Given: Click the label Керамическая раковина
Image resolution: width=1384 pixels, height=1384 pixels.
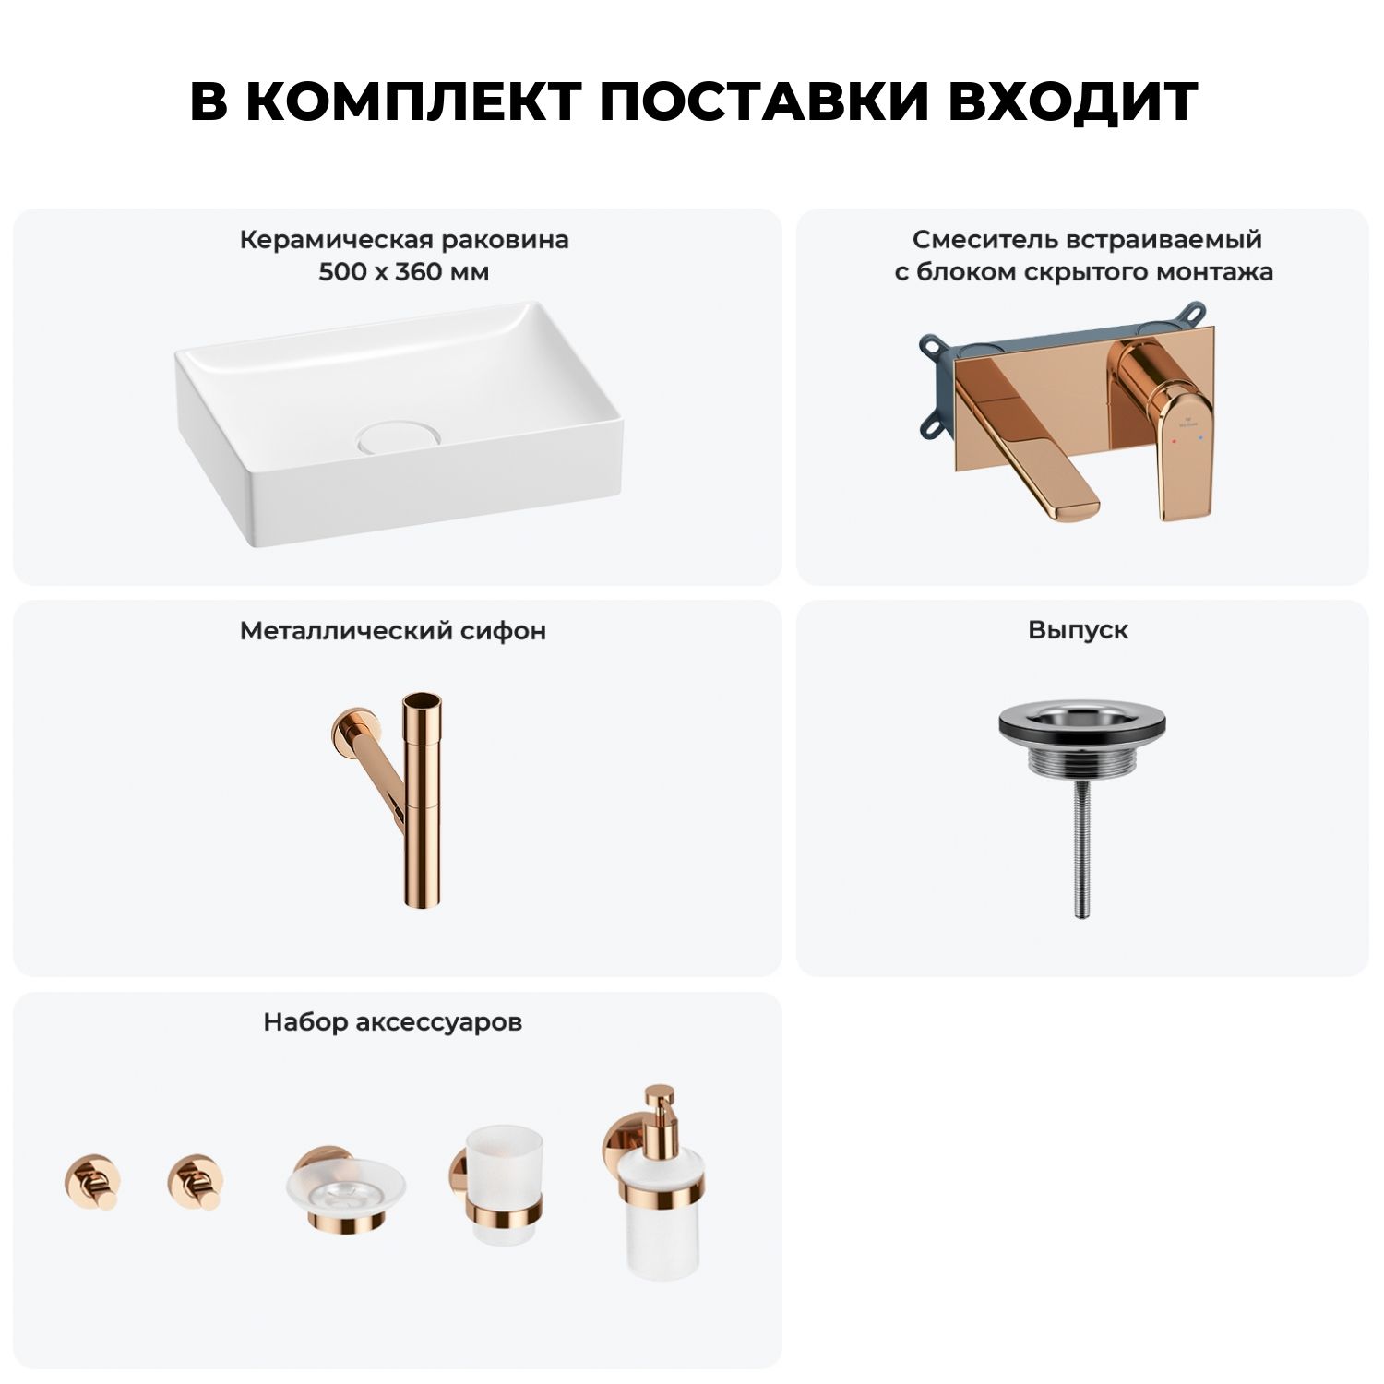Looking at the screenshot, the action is coord(404,241).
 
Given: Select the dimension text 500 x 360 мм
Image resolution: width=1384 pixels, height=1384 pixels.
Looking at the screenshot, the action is coord(404,273).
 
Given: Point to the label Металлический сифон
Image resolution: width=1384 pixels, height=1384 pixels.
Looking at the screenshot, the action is coord(393,631).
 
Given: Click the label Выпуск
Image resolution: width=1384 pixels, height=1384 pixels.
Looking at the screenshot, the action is coord(1078,631).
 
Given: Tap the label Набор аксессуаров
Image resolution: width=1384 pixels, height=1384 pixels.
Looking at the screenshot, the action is coord(393,1022).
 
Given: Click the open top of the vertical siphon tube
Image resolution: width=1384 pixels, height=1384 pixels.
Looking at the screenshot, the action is coord(421,702).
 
